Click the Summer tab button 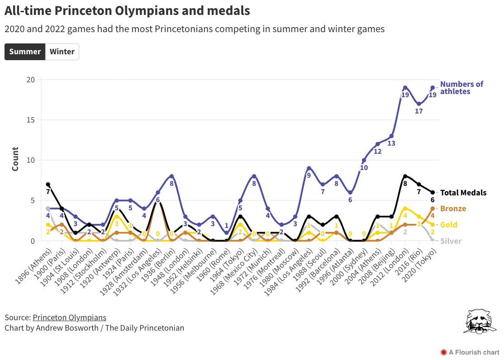(x=25, y=52)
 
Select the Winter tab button (x=62, y=52)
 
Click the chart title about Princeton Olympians (x=127, y=10)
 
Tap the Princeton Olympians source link (x=69, y=317)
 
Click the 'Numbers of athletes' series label (x=461, y=88)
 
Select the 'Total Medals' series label (x=463, y=193)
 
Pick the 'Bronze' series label (x=453, y=208)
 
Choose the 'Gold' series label (x=449, y=225)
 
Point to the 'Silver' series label (x=451, y=241)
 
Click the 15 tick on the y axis (x=30, y=120)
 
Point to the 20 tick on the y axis (x=30, y=80)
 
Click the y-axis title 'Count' (x=15, y=159)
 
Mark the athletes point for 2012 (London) (x=405, y=88)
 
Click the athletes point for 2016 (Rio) (x=419, y=104)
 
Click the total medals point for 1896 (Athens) (x=48, y=185)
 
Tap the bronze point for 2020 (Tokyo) (x=433, y=208)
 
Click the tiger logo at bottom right (x=479, y=322)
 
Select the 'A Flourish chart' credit (x=470, y=352)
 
